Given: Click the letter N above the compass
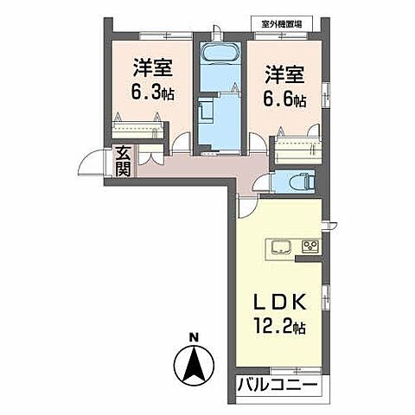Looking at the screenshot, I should click(x=195, y=337).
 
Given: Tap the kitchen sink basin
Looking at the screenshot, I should click(x=282, y=249).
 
